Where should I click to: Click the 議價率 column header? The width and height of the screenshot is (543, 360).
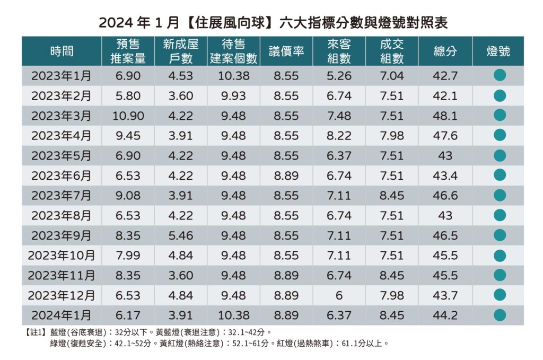286,51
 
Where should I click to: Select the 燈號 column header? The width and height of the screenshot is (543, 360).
498,51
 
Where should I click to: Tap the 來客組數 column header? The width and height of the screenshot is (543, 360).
339,51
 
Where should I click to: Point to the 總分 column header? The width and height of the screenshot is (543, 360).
445,51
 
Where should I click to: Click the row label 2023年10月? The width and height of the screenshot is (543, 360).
62,256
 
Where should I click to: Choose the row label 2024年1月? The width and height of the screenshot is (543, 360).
62,315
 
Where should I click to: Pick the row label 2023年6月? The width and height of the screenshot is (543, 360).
62,175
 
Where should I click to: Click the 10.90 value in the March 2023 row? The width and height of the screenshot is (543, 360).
128,116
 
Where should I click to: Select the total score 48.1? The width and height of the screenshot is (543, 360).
445,116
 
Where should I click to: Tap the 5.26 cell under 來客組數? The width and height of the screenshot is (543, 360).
339,76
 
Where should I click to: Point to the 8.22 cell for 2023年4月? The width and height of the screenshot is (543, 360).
339,136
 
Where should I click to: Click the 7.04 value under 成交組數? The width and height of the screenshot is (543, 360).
392,76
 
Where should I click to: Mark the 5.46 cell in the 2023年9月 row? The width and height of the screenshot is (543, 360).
181,235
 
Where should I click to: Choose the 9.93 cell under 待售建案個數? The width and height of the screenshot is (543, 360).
233,96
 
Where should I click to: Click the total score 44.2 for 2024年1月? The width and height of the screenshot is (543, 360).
445,315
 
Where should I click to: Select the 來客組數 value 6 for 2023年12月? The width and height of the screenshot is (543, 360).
339,295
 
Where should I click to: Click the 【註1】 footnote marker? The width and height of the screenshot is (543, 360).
36,332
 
